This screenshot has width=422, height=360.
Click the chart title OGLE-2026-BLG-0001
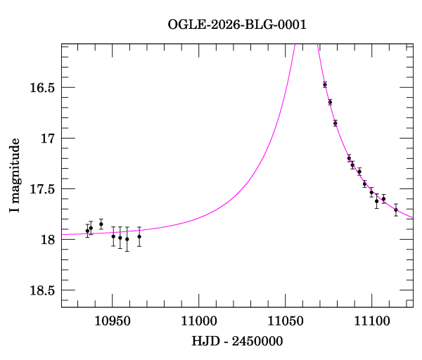pos(237,25)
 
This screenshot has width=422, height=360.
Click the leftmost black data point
pos(87,231)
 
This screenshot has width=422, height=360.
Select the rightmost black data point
pos(396,210)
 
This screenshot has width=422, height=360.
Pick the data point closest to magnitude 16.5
pos(325,84)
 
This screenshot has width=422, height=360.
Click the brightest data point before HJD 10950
pos(101,224)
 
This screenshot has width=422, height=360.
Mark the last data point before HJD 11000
pos(139,236)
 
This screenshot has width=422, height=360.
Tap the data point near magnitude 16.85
pos(335,123)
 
